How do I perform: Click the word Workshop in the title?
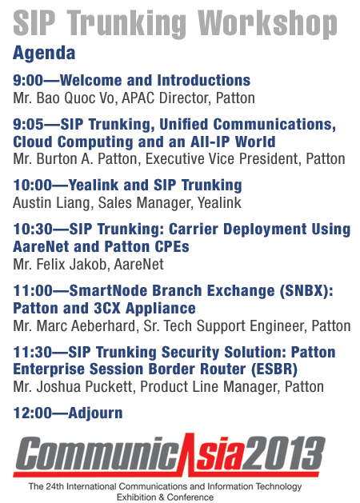[267, 24]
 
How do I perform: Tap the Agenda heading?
[44, 54]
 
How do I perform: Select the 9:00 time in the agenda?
[28, 80]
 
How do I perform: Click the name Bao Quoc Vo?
[75, 98]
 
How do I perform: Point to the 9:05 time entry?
[28, 125]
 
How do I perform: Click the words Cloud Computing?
[73, 142]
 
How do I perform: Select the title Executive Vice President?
[222, 159]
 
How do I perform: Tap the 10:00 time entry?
[32, 185]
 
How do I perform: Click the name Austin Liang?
[51, 203]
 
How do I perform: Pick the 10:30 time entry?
[32, 229]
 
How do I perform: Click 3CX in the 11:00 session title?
[107, 309]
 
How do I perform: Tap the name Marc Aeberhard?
[86, 326]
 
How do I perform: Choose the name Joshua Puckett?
[84, 387]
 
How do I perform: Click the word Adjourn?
[95, 413]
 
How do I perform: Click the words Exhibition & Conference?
[165, 497]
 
